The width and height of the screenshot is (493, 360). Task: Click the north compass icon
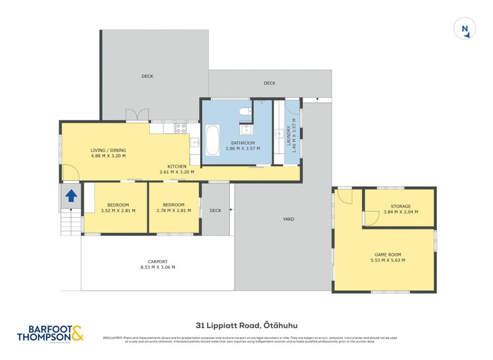pyautogui.click(x=465, y=29)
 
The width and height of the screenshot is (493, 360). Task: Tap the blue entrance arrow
pyautogui.click(x=71, y=196)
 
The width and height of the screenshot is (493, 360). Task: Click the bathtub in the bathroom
pyautogui.click(x=212, y=140)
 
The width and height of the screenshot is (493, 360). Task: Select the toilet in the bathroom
pyautogui.click(x=245, y=112)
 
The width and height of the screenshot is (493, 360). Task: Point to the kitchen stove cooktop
pyautogui.click(x=181, y=128)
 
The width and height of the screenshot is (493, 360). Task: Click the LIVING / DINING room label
pyautogui.click(x=108, y=150)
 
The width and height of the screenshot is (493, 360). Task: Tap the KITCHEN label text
pyautogui.click(x=177, y=166)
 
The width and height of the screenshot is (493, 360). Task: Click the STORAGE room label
pyautogui.click(x=401, y=207)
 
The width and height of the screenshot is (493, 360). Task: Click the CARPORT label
pyautogui.click(x=158, y=261)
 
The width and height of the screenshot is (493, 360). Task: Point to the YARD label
pyautogui.click(x=288, y=219)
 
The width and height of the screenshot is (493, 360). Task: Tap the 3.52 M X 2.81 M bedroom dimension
pyautogui.click(x=118, y=211)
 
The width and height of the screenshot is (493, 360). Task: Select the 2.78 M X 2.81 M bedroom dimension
pyautogui.click(x=174, y=211)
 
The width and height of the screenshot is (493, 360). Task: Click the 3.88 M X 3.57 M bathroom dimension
pyautogui.click(x=243, y=149)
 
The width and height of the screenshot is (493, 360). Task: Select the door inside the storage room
pyautogui.click(x=372, y=218)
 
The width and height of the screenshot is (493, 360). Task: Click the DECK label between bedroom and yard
pyautogui.click(x=215, y=210)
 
